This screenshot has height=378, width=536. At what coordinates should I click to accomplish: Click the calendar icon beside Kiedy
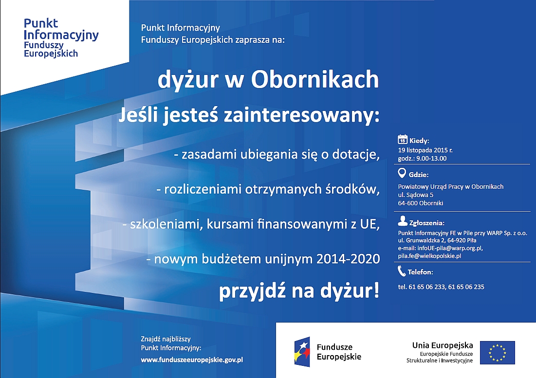402,139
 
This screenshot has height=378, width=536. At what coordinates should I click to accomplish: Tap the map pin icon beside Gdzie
402,173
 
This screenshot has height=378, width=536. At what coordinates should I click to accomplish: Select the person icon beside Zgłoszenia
403,221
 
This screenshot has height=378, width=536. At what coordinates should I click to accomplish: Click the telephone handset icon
402,271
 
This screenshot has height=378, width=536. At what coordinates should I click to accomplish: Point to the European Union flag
498,352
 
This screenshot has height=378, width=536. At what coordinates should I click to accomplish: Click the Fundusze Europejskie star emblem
302,352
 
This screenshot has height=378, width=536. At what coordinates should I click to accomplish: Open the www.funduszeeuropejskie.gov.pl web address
192,360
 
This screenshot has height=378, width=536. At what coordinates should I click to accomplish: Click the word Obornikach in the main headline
315,79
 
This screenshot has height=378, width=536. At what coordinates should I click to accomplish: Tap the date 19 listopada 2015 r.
425,150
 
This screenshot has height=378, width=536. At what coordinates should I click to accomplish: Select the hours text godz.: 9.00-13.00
422,159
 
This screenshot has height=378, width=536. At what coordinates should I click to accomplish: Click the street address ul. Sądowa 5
416,195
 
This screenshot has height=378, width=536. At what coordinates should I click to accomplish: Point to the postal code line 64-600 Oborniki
421,203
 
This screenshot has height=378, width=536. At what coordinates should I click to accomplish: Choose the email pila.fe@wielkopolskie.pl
429,256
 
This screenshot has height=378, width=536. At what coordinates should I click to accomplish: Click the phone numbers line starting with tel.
441,287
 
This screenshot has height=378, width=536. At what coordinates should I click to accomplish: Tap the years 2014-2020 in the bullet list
348,259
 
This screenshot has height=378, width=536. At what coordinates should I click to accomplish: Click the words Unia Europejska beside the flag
443,345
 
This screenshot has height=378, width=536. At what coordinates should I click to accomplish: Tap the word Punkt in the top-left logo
41,23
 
